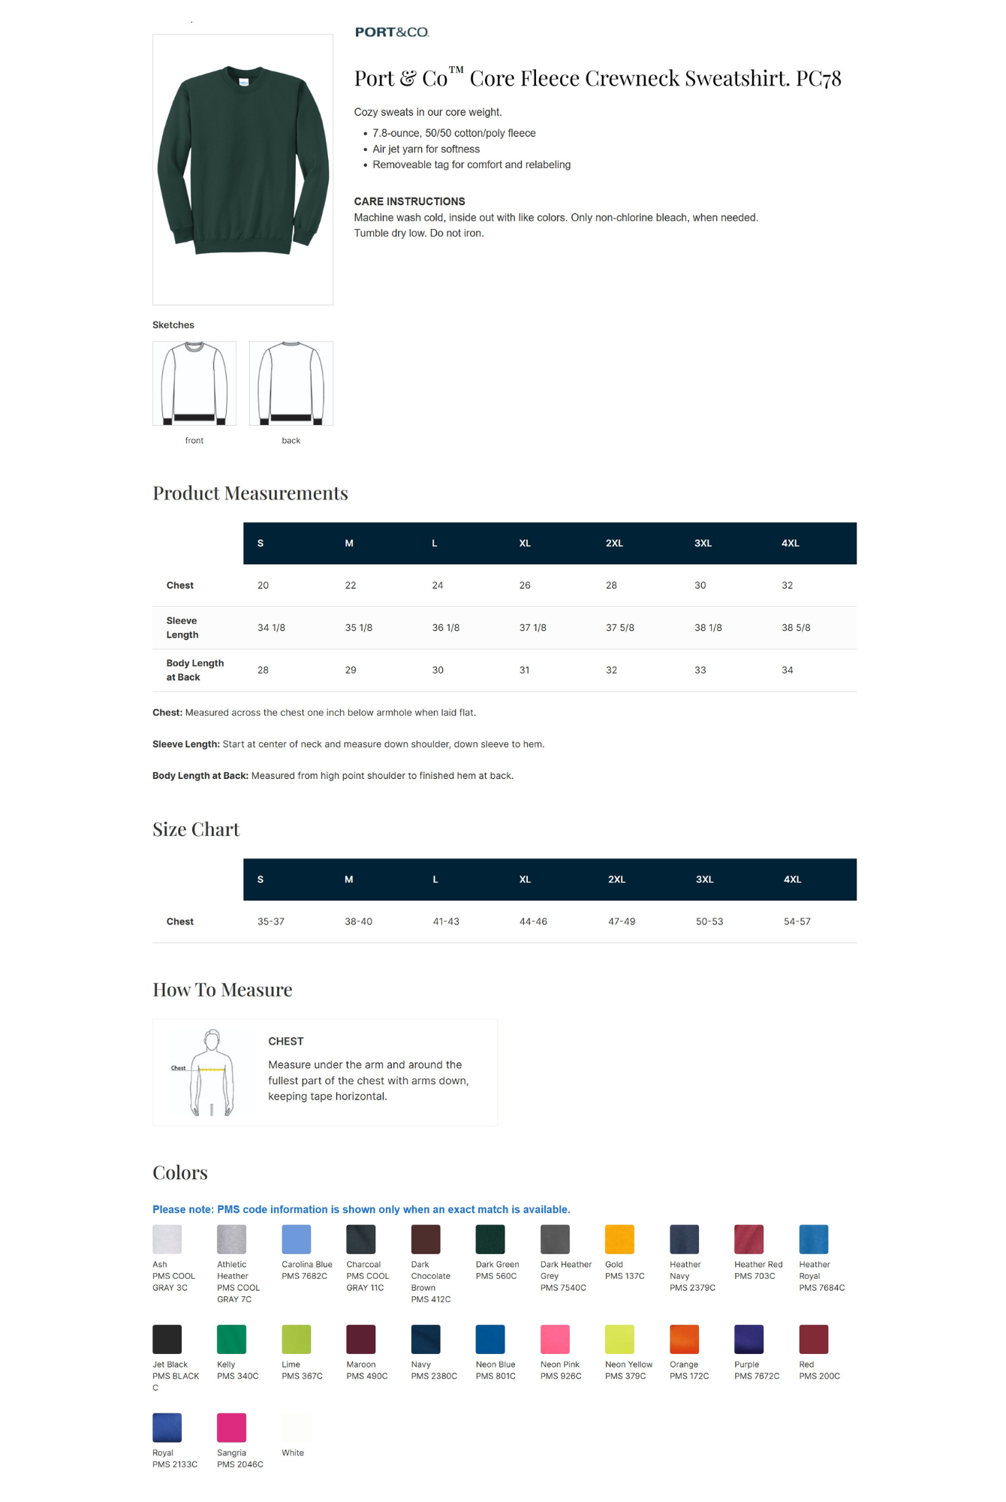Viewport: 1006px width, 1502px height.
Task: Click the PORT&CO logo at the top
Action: (x=392, y=32)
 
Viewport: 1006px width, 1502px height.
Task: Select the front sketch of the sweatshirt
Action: (x=194, y=384)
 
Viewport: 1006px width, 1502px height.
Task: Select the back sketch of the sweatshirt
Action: (x=291, y=384)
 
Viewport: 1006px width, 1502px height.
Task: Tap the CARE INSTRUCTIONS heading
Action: (x=409, y=201)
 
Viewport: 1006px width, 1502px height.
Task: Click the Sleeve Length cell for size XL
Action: (x=532, y=628)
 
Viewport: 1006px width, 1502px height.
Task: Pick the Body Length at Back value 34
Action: (x=787, y=670)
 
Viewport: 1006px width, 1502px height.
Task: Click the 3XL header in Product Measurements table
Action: (x=703, y=543)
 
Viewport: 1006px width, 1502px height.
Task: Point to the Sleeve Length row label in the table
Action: (x=182, y=628)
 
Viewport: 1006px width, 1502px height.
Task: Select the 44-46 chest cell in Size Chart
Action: (x=533, y=921)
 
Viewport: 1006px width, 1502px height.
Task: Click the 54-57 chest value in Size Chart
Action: (x=797, y=921)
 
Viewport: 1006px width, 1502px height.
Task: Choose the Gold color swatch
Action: (x=619, y=1239)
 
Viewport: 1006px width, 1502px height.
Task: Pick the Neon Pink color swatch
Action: (x=555, y=1339)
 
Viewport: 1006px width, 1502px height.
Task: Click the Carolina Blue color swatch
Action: (x=296, y=1239)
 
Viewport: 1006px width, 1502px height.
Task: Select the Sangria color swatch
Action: (x=231, y=1428)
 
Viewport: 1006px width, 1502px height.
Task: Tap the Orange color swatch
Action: (x=684, y=1339)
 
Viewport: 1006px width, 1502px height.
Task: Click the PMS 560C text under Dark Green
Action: (x=495, y=1276)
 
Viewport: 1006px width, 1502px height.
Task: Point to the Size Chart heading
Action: (x=196, y=829)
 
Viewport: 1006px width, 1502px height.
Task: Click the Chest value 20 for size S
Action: (x=263, y=585)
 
